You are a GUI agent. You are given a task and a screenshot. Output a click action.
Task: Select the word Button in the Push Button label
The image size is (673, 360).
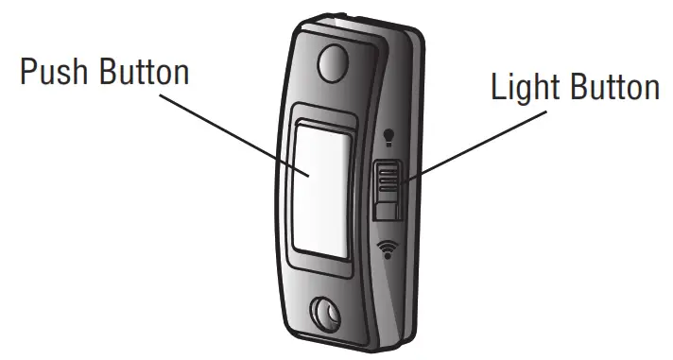coord(145,73)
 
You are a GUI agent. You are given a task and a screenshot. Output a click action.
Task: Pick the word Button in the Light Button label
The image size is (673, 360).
coord(612,88)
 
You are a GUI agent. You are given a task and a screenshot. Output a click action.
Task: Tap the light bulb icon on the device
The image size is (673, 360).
coord(388,140)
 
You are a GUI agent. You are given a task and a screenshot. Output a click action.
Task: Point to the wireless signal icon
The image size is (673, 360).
coord(386,249)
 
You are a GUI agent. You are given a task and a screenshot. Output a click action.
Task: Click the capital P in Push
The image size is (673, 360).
coord(27,73)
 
